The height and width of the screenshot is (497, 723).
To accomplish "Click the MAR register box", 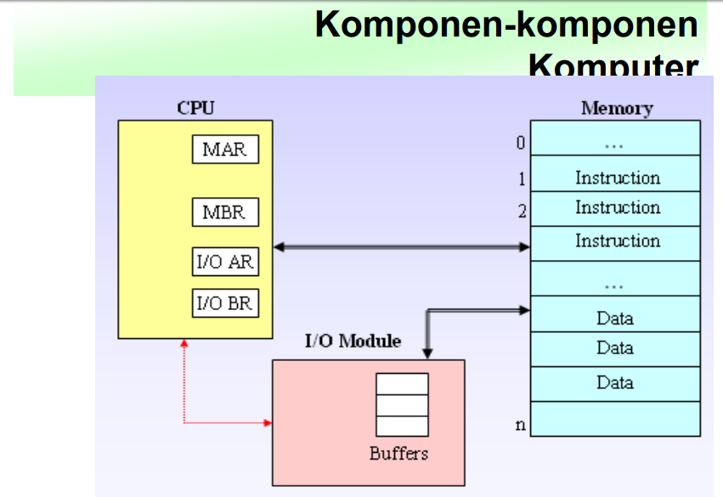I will [225, 150].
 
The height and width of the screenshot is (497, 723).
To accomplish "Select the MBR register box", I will [225, 212].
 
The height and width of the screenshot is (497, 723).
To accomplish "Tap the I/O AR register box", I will [225, 262].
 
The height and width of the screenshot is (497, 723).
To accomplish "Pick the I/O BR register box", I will [225, 303].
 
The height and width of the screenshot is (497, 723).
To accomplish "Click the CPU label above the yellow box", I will [195, 108].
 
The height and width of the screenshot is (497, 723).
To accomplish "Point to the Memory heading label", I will [617, 109].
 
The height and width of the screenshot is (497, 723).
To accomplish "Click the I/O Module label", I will [353, 342].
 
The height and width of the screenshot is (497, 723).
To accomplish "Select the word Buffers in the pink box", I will [398, 454].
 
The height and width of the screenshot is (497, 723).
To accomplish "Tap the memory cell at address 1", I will [616, 178].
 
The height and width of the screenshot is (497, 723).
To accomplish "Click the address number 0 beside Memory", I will [521, 143].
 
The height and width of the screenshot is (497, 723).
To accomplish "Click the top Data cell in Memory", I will [616, 319].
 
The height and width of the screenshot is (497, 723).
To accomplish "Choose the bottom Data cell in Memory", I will [616, 382].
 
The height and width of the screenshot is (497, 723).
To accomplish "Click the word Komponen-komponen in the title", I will [506, 25].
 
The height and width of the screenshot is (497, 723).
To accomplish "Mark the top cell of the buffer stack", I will [402, 384].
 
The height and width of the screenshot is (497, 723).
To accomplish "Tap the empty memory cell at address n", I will [616, 419].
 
